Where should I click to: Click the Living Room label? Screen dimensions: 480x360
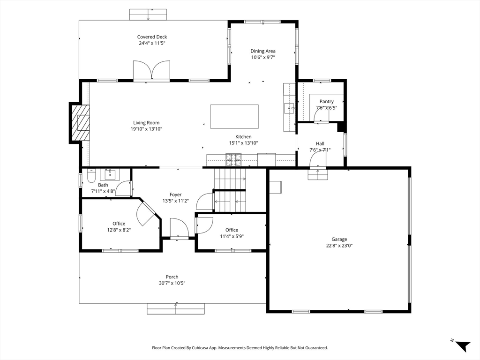click(146, 123)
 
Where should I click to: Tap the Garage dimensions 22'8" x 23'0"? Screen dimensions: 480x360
click(339, 246)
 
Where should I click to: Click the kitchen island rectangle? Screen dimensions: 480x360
click(234, 117)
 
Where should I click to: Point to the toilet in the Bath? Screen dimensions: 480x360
click(91, 175)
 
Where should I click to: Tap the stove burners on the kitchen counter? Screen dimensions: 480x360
click(233, 159)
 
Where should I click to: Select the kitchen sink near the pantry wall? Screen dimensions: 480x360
click(289, 108)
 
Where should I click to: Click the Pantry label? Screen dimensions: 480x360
click(327, 101)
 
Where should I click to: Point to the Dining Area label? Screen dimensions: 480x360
click(263, 51)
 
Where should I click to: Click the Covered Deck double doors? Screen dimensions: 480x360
click(151, 71)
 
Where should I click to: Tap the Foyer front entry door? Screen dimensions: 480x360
click(180, 228)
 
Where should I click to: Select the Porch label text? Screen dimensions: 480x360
click(172, 277)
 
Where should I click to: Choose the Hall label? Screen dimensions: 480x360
click(320, 143)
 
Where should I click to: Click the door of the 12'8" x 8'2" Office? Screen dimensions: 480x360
click(147, 213)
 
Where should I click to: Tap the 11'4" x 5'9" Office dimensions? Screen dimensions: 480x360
click(232, 236)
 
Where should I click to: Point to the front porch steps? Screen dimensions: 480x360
click(176, 309)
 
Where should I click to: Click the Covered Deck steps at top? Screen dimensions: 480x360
click(148, 15)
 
